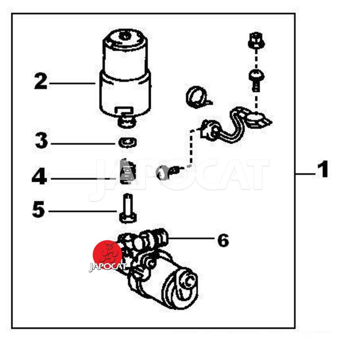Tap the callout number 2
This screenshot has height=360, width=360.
[40, 81]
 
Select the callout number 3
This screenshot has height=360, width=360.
[41, 141]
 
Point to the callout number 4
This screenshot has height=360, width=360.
[39, 176]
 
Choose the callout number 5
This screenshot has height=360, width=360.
[38, 209]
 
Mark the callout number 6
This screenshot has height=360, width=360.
[223, 240]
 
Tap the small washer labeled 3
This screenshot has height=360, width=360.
[128, 143]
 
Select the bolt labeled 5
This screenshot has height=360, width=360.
[128, 208]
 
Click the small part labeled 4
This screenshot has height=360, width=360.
[128, 171]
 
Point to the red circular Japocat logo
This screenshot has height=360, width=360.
[108, 255]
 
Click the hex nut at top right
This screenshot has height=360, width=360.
[256, 41]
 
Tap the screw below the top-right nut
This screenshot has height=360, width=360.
[256, 81]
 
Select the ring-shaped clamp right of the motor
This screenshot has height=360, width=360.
[197, 97]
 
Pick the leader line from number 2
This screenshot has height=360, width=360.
[72, 83]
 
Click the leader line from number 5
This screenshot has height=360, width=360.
[83, 211]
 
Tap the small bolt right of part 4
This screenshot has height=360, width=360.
[168, 172]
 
